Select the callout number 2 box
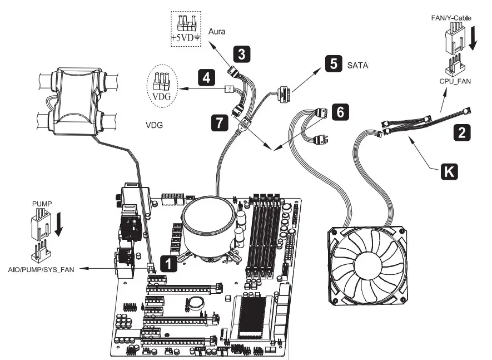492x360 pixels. click(x=460, y=132)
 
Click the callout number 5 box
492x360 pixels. click(x=333, y=63)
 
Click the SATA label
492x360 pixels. click(x=357, y=65)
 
